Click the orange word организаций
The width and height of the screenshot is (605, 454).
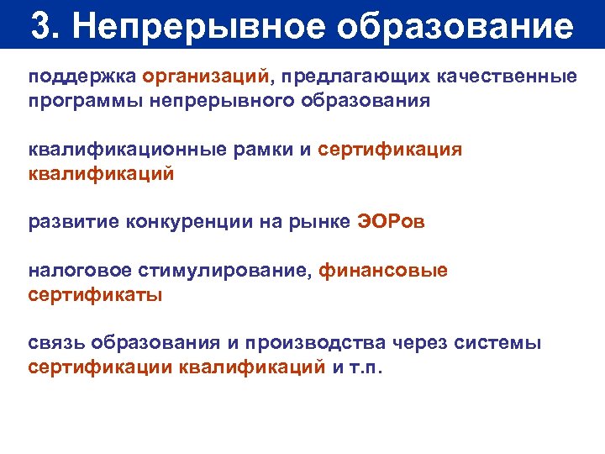click(207, 77)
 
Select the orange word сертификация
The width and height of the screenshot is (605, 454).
click(391, 150)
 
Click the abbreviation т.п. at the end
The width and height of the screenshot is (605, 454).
click(366, 368)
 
